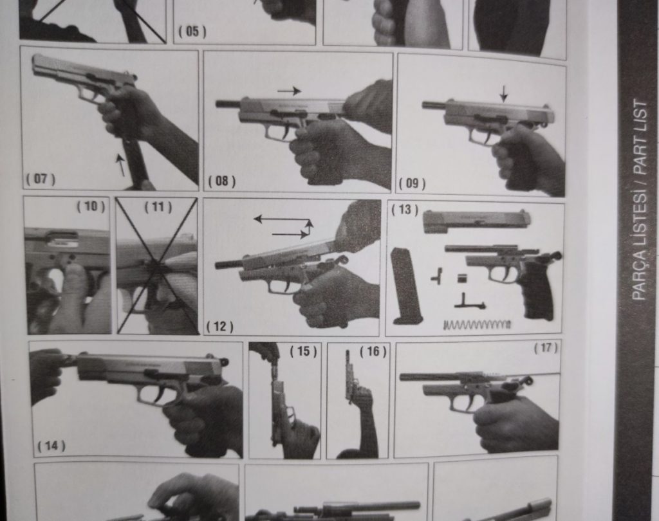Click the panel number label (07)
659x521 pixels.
point(41,179)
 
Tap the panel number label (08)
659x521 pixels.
point(222,181)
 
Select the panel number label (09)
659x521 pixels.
point(412,183)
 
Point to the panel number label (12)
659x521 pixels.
point(220,327)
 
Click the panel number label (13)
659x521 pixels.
point(405,209)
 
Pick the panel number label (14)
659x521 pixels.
point(51,445)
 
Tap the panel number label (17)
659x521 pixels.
point(546,348)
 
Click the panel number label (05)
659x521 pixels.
point(192,32)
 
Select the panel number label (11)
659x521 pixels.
point(158,207)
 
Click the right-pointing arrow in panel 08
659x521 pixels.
point(289,91)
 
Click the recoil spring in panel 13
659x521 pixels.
point(477,324)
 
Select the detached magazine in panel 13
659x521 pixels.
point(405,286)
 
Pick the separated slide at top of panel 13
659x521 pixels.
point(477,221)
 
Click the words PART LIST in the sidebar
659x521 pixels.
point(640,138)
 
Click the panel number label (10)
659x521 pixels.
point(91,206)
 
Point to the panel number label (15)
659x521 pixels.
point(303,351)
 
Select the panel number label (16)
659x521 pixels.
point(373,351)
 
